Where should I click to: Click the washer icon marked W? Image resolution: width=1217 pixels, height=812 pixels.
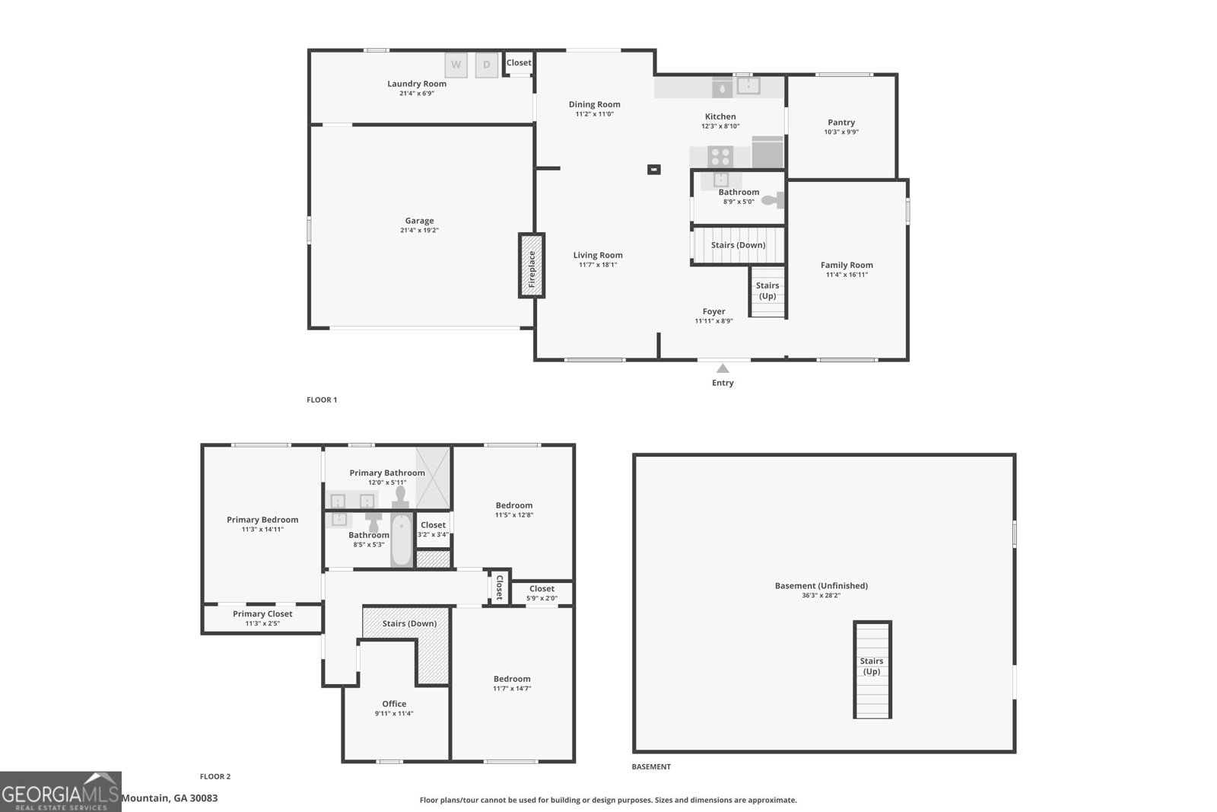point(456,65)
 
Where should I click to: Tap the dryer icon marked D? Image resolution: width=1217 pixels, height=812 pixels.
point(487,65)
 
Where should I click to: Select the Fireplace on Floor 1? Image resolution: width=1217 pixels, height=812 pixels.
point(532,265)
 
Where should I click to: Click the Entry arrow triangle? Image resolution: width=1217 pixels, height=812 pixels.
point(723,368)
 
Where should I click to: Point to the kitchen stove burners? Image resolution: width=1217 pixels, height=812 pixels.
point(720,157)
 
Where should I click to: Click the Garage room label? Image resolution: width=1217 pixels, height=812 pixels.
point(419,221)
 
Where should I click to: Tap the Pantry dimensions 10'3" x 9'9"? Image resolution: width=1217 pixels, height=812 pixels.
point(841,132)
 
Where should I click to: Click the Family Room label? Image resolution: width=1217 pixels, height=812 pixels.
point(847,266)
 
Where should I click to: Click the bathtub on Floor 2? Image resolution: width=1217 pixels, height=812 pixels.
point(401,540)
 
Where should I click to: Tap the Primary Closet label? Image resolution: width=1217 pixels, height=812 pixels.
point(262,614)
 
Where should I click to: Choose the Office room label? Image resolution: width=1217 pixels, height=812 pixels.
point(394,704)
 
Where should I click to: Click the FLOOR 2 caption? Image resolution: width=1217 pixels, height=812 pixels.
point(215,777)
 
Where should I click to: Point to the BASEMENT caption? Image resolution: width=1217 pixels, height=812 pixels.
point(651,767)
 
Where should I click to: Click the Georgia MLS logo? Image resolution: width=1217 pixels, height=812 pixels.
point(61,791)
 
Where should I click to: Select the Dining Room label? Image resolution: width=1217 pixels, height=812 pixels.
point(595,105)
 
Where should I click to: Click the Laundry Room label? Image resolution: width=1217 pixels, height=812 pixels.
point(417,84)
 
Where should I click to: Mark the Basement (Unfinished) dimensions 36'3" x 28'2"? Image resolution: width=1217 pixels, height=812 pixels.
point(821,596)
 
